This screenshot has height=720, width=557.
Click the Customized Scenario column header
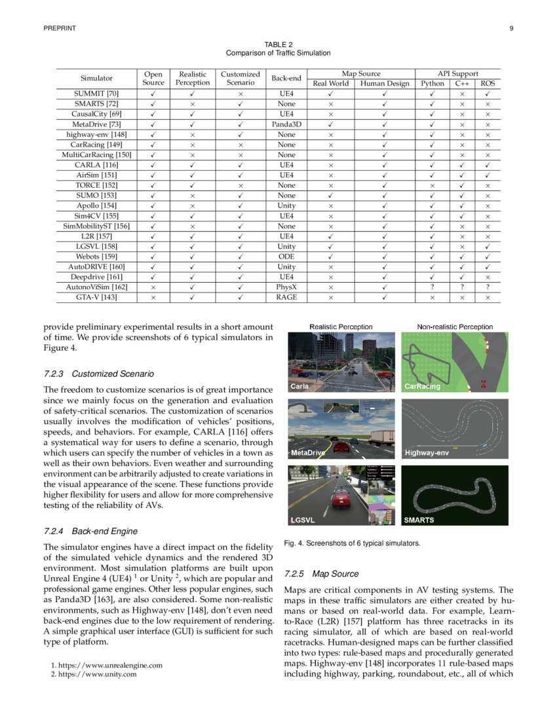tap(240, 79)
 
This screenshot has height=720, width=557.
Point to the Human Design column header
tap(385, 84)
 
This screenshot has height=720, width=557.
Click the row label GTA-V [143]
tap(96, 297)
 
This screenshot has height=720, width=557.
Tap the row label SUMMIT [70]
tap(96, 94)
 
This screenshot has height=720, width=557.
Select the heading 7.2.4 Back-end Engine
tap(90, 531)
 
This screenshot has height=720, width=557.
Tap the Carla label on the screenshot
tap(299, 386)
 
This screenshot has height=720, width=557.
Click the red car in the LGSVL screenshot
tap(340, 501)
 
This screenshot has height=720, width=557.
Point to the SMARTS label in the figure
tap(419, 520)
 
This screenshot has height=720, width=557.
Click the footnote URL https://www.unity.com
tap(94, 674)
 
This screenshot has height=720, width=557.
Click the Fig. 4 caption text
tap(352, 543)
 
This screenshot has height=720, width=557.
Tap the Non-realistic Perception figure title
tap(455, 327)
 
